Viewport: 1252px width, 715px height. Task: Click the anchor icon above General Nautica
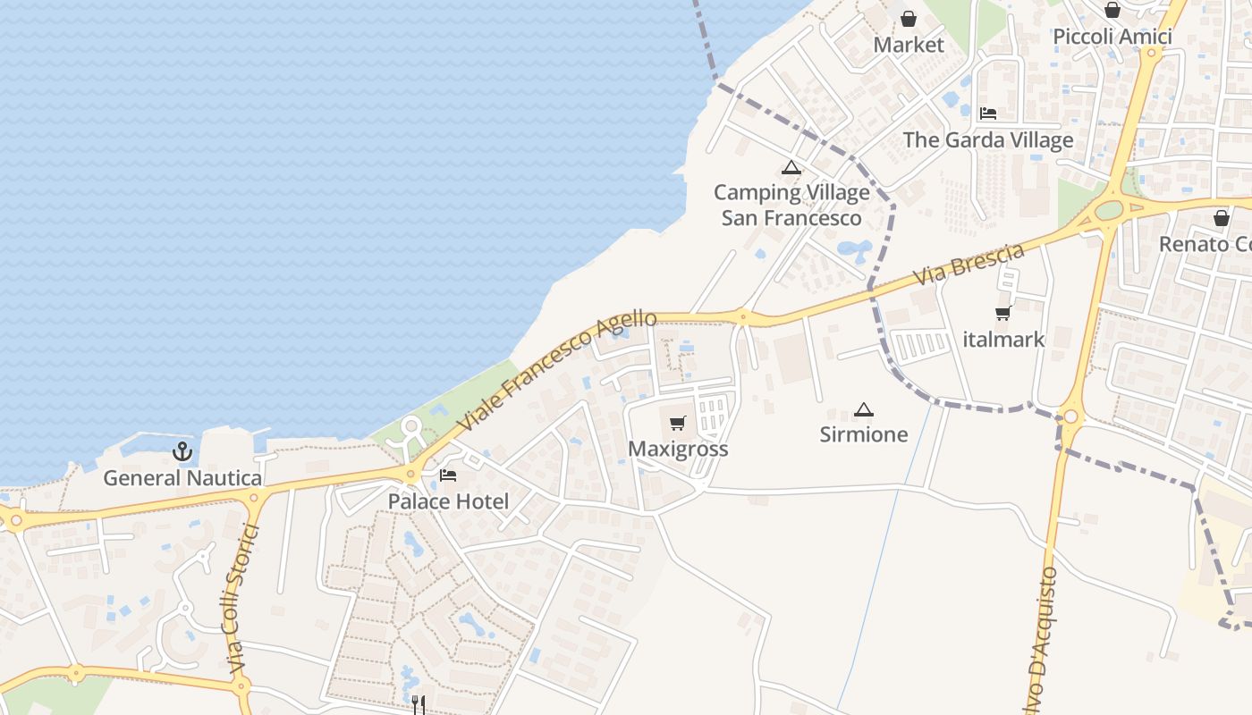pyautogui.click(x=182, y=451)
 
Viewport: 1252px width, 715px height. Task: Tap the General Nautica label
pyautogui.click(x=182, y=478)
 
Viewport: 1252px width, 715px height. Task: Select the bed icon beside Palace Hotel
pyautogui.click(x=448, y=475)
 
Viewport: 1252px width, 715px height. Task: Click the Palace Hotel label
pyautogui.click(x=448, y=501)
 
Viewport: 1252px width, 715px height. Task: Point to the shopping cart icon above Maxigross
pyautogui.click(x=678, y=423)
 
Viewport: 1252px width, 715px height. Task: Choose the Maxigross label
pyautogui.click(x=678, y=449)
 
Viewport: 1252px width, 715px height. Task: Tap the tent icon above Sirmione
pyautogui.click(x=863, y=410)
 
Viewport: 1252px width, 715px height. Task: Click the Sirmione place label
pyautogui.click(x=864, y=435)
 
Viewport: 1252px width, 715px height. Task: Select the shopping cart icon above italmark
pyautogui.click(x=1003, y=314)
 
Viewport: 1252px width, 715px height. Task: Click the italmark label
pyautogui.click(x=1003, y=340)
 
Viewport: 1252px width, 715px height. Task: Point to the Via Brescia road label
pyautogui.click(x=969, y=265)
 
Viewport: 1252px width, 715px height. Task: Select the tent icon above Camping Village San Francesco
pyautogui.click(x=791, y=167)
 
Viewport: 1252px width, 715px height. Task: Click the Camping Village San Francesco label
pyautogui.click(x=791, y=206)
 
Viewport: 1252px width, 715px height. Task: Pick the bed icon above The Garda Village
pyautogui.click(x=988, y=114)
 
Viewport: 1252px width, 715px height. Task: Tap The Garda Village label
pyautogui.click(x=988, y=140)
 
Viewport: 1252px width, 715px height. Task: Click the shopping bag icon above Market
pyautogui.click(x=909, y=19)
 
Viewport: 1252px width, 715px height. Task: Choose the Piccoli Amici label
pyautogui.click(x=1112, y=37)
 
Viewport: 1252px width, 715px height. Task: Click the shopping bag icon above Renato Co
pyautogui.click(x=1222, y=218)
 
